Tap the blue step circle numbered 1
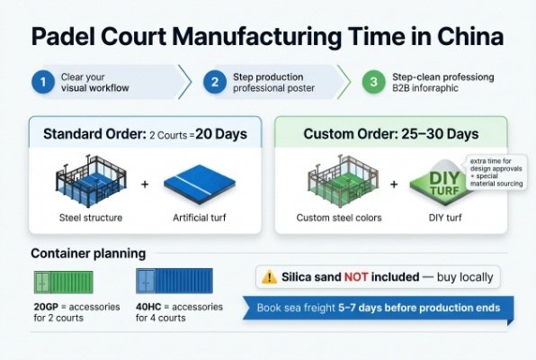(39, 82)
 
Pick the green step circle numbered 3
(371, 82)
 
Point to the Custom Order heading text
(391, 135)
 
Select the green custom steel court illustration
(339, 185)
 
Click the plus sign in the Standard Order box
(145, 184)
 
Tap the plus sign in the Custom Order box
(393, 184)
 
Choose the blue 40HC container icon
(173, 283)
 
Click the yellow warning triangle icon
(270, 277)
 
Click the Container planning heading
(88, 253)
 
